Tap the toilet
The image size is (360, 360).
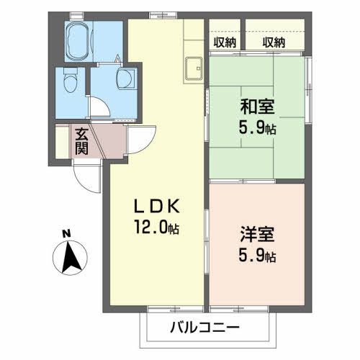[69, 81]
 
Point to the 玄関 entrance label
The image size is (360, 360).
[81, 141]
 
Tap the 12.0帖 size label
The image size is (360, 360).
[156, 228]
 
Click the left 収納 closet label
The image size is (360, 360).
[225, 42]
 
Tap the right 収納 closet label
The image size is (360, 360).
[274, 42]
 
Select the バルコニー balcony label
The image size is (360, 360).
[204, 328]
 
